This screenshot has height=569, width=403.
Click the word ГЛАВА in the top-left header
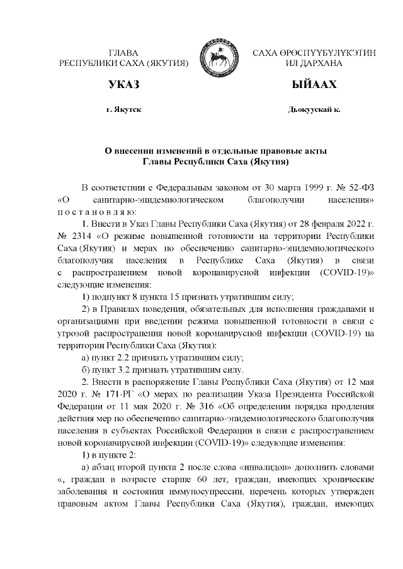point(123,53)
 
